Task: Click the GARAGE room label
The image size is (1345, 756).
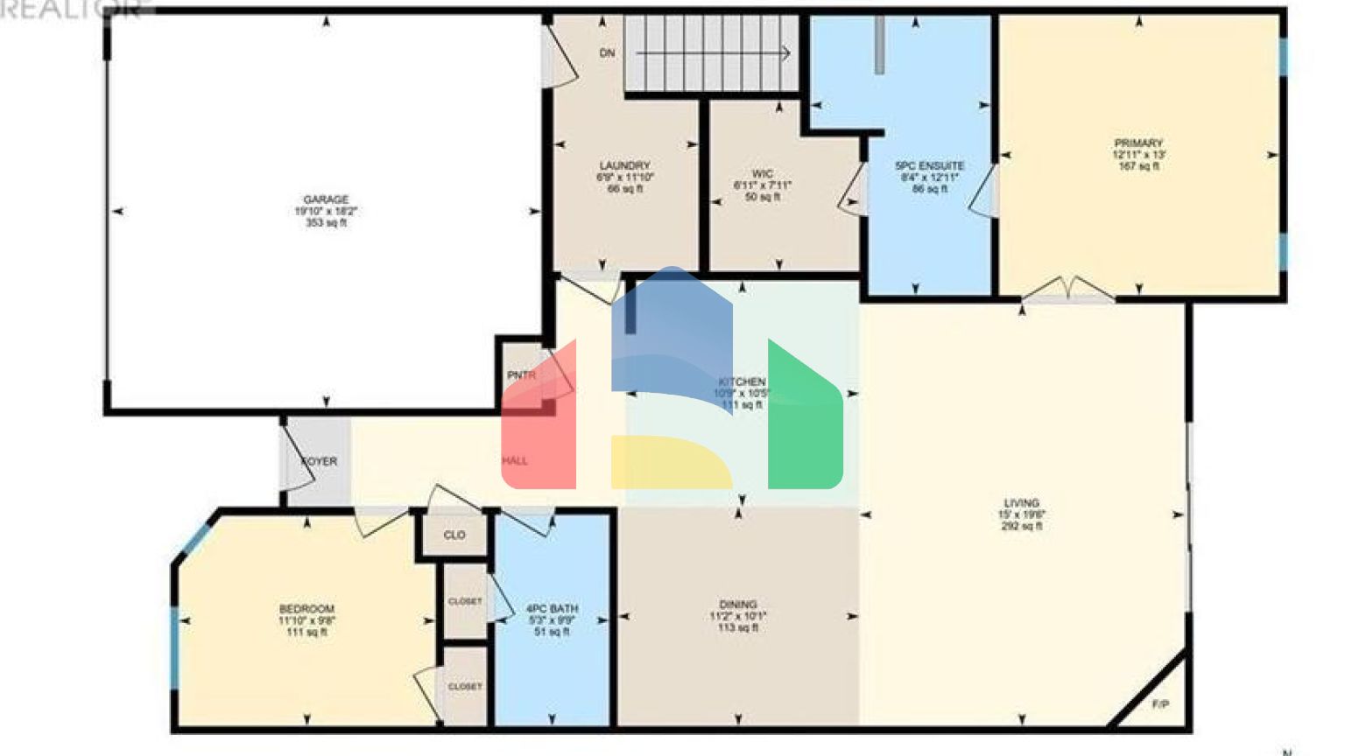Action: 326,199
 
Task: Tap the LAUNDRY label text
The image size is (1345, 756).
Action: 624,165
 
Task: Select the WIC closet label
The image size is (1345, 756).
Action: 762,174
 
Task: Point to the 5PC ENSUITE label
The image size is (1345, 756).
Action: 929,165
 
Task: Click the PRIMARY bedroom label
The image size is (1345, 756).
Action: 1137,143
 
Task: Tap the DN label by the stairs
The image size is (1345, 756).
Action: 607,53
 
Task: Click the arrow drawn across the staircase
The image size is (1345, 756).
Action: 713,54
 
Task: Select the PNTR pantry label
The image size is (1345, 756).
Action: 521,375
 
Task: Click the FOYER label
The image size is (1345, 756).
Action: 319,461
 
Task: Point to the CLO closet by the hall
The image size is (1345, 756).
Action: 454,535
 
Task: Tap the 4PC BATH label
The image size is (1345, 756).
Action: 552,608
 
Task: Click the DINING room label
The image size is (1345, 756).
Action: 737,605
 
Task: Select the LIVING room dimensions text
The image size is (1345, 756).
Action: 1021,515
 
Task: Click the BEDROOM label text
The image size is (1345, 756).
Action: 306,609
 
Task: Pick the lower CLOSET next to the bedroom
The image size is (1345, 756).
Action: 464,687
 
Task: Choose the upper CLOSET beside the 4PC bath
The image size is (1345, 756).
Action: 464,601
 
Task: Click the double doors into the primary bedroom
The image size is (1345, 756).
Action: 1068,290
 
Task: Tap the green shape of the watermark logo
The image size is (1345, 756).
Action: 804,420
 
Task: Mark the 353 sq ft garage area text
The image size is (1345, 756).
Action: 326,223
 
